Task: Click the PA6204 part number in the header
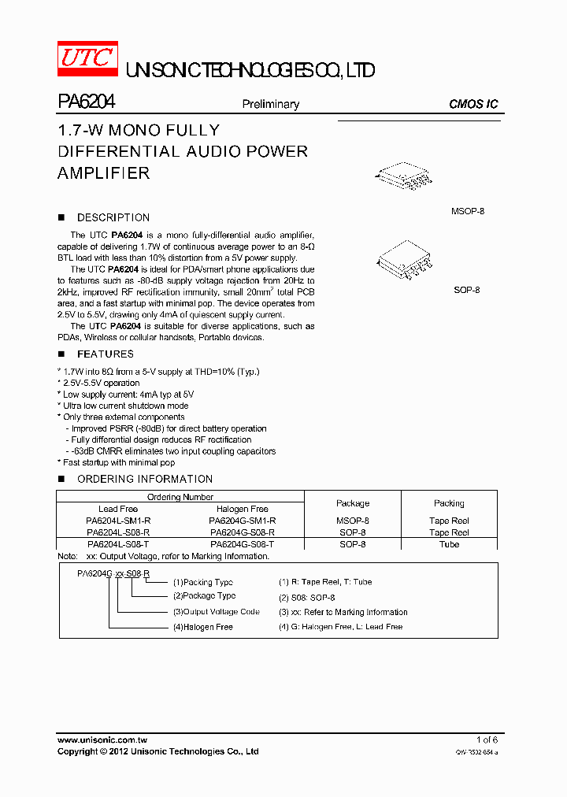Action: pyautogui.click(x=87, y=102)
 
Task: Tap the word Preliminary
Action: pyautogui.click(x=270, y=104)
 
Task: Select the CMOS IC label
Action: pyautogui.click(x=473, y=104)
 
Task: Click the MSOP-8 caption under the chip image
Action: pyautogui.click(x=467, y=212)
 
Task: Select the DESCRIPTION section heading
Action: pyautogui.click(x=113, y=217)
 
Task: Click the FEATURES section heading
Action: pyautogui.click(x=105, y=354)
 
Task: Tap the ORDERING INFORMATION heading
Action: pyautogui.click(x=144, y=479)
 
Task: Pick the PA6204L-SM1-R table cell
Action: pyautogui.click(x=118, y=521)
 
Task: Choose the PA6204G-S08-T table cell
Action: pyautogui.click(x=242, y=544)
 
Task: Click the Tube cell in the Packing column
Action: pyautogui.click(x=449, y=544)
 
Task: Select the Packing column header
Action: pyautogui.click(x=449, y=503)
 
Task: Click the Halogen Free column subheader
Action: pyautogui.click(x=242, y=510)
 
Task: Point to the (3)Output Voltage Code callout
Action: pyautogui.click(x=216, y=612)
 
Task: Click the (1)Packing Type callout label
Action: pyautogui.click(x=202, y=582)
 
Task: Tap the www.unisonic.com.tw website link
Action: pyautogui.click(x=102, y=740)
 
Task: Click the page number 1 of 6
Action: pyautogui.click(x=487, y=740)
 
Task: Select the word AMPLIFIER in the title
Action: pyautogui.click(x=103, y=172)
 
